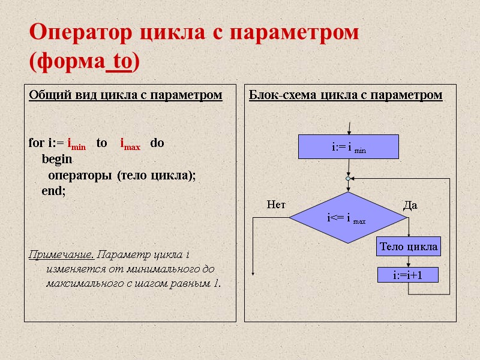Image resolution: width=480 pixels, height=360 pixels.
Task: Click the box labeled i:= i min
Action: pos(349,146)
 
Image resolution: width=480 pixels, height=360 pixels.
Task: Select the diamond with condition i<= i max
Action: pos(347,218)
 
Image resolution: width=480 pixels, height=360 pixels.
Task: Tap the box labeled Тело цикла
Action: pos(408,247)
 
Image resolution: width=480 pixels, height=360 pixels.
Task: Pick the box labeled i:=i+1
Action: pos(408,275)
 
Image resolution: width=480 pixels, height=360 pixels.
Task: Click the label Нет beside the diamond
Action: pos(275,205)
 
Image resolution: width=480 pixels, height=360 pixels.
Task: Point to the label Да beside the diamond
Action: pos(410,205)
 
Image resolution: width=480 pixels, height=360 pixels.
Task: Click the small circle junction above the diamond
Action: pos(347,178)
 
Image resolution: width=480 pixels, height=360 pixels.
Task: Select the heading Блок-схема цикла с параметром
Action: pos(346,95)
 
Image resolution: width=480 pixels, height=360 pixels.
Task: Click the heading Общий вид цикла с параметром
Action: pos(125,95)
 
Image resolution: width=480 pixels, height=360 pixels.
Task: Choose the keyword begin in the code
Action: pos(56,160)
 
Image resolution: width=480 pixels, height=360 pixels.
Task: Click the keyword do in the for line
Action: pos(157,143)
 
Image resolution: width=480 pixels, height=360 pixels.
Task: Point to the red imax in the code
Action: pos(130,145)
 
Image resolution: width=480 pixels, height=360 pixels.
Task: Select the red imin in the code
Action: pos(76,145)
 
